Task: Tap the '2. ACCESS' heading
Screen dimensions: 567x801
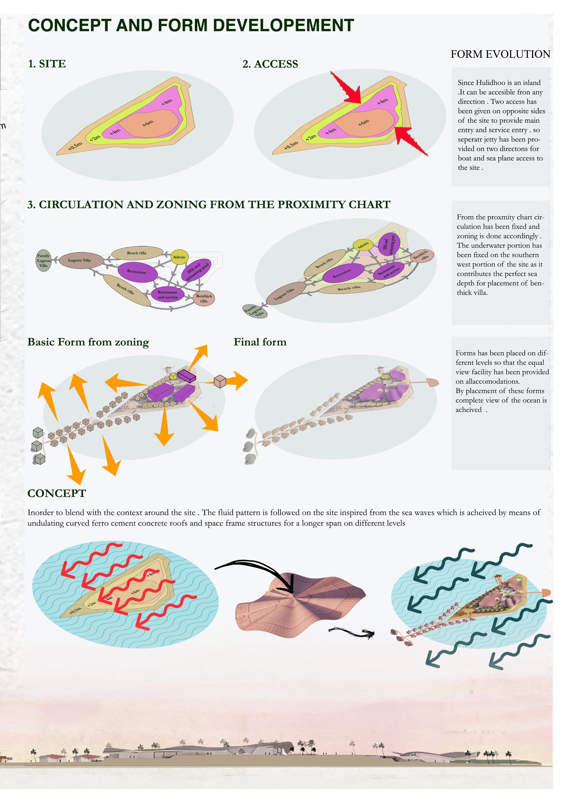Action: click(270, 64)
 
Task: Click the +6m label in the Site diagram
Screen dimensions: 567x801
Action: click(148, 123)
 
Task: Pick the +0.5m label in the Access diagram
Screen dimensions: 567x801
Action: click(291, 145)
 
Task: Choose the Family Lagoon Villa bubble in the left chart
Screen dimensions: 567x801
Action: click(44, 261)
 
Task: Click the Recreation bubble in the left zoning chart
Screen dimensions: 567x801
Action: click(136, 272)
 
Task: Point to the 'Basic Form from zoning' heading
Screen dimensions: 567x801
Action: click(88, 342)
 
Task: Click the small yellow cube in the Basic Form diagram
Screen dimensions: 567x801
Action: click(173, 376)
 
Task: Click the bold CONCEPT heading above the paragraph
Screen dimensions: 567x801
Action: click(57, 493)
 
